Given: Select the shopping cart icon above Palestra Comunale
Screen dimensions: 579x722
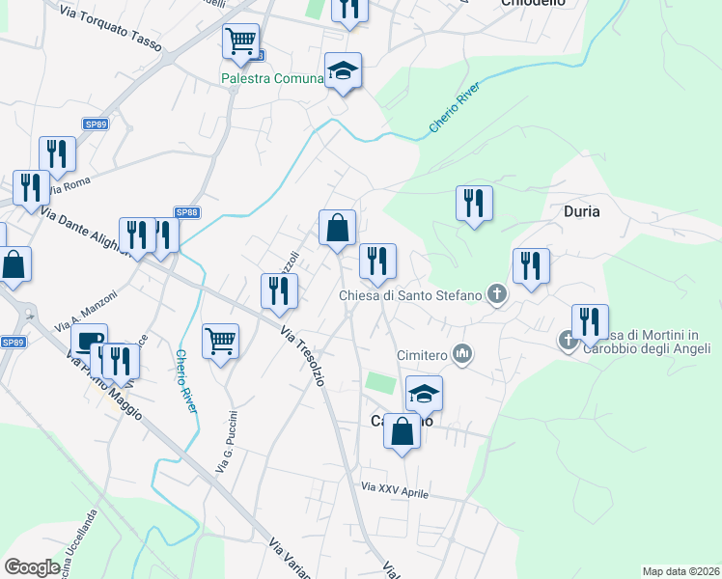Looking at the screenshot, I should point(240,41).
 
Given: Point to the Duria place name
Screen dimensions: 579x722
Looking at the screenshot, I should point(582,211).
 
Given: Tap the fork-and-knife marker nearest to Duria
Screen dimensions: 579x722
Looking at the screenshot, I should point(531,266).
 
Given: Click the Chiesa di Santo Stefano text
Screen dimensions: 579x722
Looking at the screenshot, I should point(409,295).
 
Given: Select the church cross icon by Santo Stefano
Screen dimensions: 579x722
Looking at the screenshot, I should point(496,294).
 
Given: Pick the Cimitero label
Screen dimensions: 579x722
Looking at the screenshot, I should point(424,355).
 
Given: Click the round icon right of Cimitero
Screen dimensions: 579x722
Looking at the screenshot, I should point(463,354).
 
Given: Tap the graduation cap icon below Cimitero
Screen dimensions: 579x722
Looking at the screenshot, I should point(424,393).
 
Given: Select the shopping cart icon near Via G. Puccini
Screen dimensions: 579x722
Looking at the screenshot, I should point(220,341).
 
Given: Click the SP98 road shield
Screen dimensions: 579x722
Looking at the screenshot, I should point(186,212).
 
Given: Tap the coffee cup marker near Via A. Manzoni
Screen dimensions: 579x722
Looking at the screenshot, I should point(89,342).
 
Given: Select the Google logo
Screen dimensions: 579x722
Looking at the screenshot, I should point(32,567).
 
